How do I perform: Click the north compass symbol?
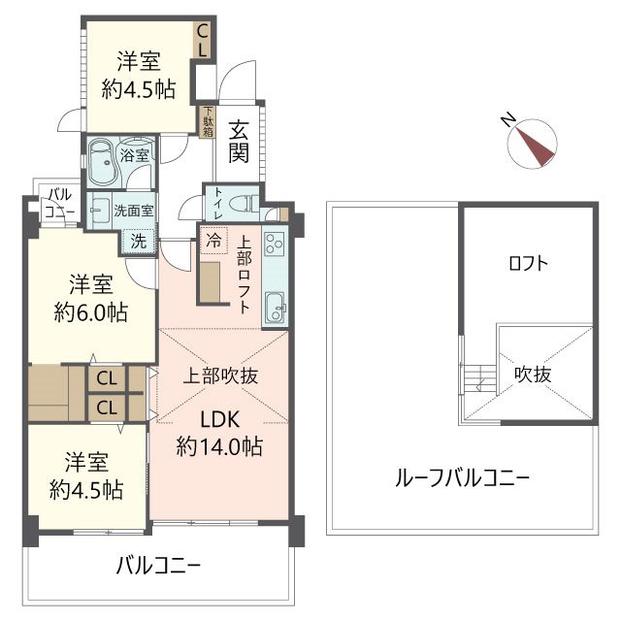(532, 141)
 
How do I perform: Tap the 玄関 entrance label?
(239, 140)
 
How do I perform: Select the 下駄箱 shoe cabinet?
(207, 121)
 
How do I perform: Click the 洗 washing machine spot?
(139, 242)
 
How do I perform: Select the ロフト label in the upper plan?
(528, 262)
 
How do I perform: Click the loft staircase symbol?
(474, 377)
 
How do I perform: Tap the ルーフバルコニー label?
(462, 477)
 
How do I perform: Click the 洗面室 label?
(132, 209)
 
